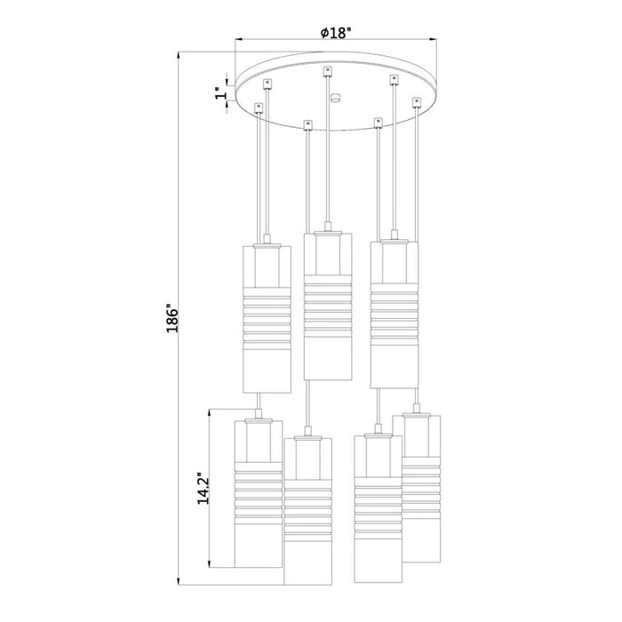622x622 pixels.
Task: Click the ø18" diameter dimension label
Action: (x=336, y=33)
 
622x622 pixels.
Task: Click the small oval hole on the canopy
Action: (x=334, y=99)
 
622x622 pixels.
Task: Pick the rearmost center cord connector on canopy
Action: (x=328, y=69)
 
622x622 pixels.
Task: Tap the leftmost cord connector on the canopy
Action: (x=259, y=108)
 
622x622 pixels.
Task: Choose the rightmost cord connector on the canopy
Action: (x=416, y=103)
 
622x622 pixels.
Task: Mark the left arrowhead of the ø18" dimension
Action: (x=239, y=40)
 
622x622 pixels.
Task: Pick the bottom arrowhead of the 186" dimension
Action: (x=180, y=582)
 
